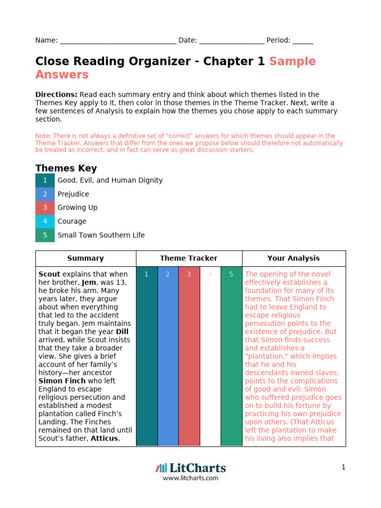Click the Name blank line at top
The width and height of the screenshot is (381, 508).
pyautogui.click(x=118, y=41)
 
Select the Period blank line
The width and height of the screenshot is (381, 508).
pyautogui.click(x=303, y=41)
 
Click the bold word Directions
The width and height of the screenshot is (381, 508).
pyautogui.click(x=56, y=94)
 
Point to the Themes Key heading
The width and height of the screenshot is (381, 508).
pyautogui.click(x=66, y=168)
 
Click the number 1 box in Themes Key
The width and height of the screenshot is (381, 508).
pyautogui.click(x=45, y=181)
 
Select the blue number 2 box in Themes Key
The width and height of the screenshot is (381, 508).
pyautogui.click(x=45, y=194)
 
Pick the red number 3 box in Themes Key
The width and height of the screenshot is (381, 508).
pyautogui.click(x=45, y=208)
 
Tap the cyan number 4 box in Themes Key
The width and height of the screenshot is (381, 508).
pyautogui.click(x=45, y=221)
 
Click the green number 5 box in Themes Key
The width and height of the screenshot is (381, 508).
pyautogui.click(x=45, y=235)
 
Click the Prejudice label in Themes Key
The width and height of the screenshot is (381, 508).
pyautogui.click(x=73, y=194)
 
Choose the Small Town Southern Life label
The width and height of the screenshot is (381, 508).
pyautogui.click(x=101, y=235)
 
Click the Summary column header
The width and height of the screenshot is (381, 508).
pyautogui.click(x=85, y=258)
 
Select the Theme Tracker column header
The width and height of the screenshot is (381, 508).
pyautogui.click(x=189, y=258)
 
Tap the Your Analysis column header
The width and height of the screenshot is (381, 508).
pyautogui.click(x=293, y=258)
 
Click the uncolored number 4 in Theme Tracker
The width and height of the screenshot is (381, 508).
pyautogui.click(x=210, y=274)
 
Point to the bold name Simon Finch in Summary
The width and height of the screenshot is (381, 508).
pyautogui.click(x=58, y=381)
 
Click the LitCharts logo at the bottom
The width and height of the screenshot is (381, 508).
pyautogui.click(x=190, y=468)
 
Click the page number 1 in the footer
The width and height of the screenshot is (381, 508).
pyautogui.click(x=343, y=467)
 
